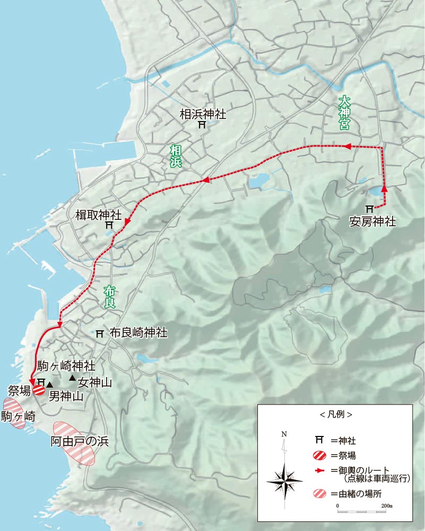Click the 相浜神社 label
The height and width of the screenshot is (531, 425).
(x=203, y=113)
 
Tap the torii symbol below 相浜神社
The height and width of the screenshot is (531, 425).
(x=202, y=125)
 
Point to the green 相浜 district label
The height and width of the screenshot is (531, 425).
(x=175, y=157)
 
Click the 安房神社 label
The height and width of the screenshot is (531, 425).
(x=372, y=221)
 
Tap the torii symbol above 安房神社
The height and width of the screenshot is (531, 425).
(x=369, y=209)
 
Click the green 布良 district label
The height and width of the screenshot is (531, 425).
(x=109, y=297)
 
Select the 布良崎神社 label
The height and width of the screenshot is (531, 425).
(x=138, y=333)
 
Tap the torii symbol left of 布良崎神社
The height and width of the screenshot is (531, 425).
(x=99, y=334)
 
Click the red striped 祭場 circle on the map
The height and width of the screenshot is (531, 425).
(x=39, y=390)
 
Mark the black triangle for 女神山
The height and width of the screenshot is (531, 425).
(x=72, y=378)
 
